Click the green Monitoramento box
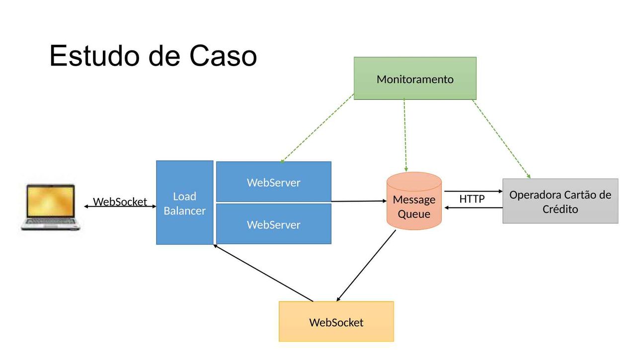[x=415, y=78]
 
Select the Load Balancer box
[x=184, y=203]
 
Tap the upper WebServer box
[x=274, y=182]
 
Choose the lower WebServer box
[x=274, y=224]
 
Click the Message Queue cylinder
[x=414, y=201]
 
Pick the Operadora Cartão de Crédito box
[x=560, y=201]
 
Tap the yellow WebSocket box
[x=336, y=321]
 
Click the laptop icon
[x=51, y=207]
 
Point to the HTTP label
[x=472, y=199]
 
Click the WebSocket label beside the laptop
[x=120, y=202]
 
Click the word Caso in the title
[x=223, y=56]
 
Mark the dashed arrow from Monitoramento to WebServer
[x=317, y=128]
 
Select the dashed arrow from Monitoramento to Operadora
[x=501, y=139]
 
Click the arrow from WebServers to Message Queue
[x=359, y=201]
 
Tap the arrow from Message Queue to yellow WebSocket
[x=366, y=266]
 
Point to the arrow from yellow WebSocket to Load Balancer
[x=263, y=273]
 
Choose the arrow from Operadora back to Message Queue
[x=474, y=208]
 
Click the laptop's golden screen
[x=51, y=201]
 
